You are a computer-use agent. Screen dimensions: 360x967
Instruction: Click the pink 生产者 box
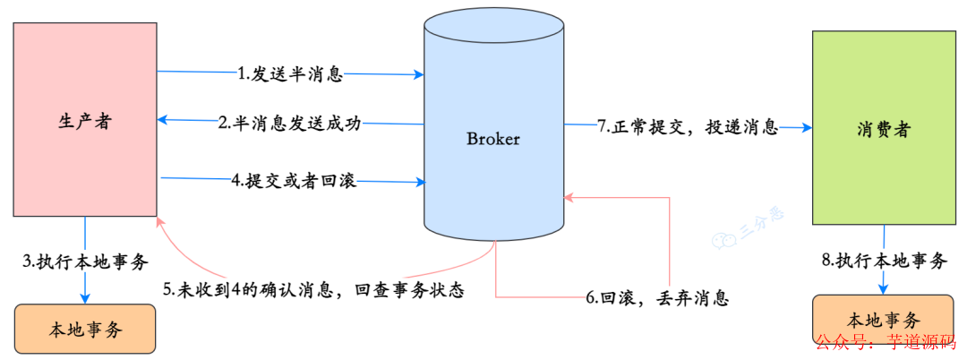(84, 120)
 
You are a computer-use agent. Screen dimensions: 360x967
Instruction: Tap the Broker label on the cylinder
(493, 139)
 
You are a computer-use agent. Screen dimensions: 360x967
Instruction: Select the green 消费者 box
(883, 128)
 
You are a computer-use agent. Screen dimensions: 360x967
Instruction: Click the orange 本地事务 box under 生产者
(85, 330)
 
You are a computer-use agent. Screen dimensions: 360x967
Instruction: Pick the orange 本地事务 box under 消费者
(883, 321)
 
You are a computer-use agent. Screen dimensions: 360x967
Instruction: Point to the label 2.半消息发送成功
(290, 124)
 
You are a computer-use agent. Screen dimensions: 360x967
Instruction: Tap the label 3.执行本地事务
(85, 262)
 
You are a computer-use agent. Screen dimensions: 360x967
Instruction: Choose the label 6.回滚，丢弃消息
(657, 298)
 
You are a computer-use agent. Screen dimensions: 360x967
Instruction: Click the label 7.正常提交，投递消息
(688, 127)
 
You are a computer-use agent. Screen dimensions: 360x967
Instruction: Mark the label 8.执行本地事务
(884, 261)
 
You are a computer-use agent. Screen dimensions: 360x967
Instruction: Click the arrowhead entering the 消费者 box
(807, 128)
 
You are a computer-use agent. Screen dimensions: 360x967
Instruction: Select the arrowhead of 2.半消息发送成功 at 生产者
(162, 119)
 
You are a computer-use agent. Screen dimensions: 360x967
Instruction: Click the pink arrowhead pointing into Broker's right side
(569, 194)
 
